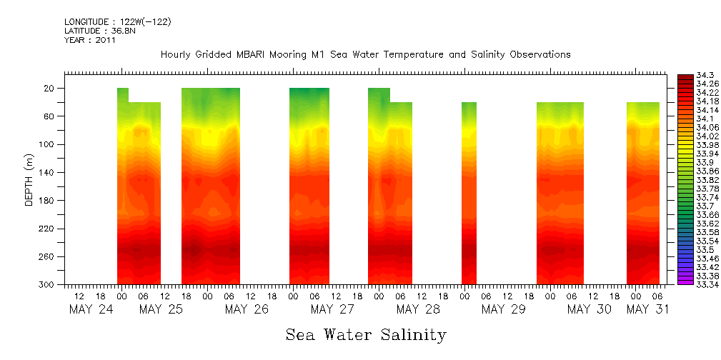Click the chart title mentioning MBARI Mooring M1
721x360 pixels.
[365, 54]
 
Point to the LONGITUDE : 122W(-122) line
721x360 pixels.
[117, 22]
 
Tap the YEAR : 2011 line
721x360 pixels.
[90, 40]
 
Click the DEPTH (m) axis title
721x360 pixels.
[29, 179]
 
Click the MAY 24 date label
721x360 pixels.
[91, 309]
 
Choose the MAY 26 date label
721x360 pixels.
[247, 309]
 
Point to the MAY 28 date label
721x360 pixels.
[418, 309]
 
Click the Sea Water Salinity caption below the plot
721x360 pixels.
[366, 334]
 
